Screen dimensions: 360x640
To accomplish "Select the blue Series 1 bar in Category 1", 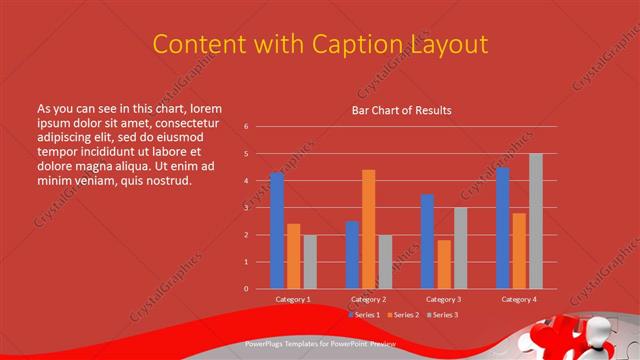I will click(x=277, y=231).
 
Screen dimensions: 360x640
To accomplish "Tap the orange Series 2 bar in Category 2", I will click(x=368, y=229).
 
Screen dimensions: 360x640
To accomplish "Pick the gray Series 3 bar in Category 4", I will click(x=535, y=221).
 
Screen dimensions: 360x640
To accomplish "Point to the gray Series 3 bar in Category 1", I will click(x=310, y=262).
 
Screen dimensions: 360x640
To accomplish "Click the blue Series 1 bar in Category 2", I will click(x=352, y=255).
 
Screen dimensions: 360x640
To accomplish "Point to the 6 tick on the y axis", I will click(x=246, y=127).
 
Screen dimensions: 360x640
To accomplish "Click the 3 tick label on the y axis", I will click(x=246, y=208).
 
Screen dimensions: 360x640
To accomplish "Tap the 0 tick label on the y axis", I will click(x=246, y=289).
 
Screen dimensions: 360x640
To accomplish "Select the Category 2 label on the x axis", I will click(x=368, y=299).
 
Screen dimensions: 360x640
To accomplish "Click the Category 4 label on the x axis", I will click(x=518, y=299).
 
